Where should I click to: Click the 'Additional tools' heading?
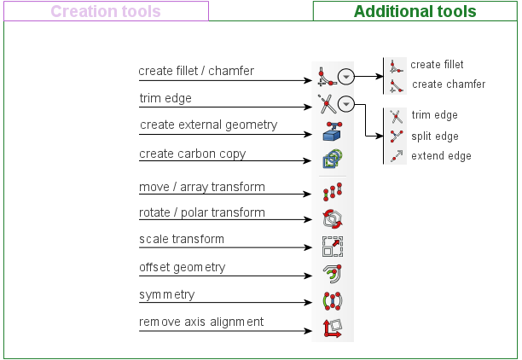[415, 11]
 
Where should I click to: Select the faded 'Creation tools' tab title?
[106, 11]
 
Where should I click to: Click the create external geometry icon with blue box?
[333, 131]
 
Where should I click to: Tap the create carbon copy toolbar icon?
[333, 159]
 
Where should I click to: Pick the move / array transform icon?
[333, 191]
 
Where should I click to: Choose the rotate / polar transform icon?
[333, 218]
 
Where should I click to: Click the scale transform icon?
[333, 247]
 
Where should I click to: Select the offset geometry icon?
[333, 274]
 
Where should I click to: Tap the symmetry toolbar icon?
[333, 301]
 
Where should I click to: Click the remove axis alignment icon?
[333, 328]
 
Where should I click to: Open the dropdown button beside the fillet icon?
[346, 77]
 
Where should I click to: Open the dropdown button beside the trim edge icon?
[346, 104]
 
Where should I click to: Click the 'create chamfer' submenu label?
[449, 84]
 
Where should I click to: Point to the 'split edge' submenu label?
[435, 136]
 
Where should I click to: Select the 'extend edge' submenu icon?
[397, 156]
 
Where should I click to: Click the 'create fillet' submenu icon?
[396, 67]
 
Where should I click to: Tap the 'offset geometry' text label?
[182, 267]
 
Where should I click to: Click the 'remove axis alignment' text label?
[201, 322]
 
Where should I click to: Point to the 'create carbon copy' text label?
[193, 154]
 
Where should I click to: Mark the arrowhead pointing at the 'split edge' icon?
[380, 136]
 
